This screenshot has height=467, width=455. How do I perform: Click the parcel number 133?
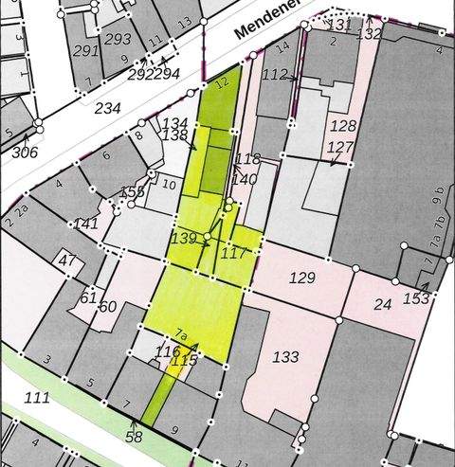[284, 357]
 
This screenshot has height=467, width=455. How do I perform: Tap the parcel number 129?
[301, 278]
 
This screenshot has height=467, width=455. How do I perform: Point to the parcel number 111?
[38, 397]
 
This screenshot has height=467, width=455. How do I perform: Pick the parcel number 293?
[118, 39]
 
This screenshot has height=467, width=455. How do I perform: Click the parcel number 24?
[382, 304]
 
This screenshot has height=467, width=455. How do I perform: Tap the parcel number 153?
[416, 297]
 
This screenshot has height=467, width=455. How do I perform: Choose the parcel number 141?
[86, 224]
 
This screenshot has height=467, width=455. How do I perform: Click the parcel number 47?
[66, 260]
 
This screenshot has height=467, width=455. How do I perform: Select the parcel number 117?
[233, 254]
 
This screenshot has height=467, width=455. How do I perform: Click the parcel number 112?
[275, 74]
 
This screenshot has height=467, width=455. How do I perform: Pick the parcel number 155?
[133, 192]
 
